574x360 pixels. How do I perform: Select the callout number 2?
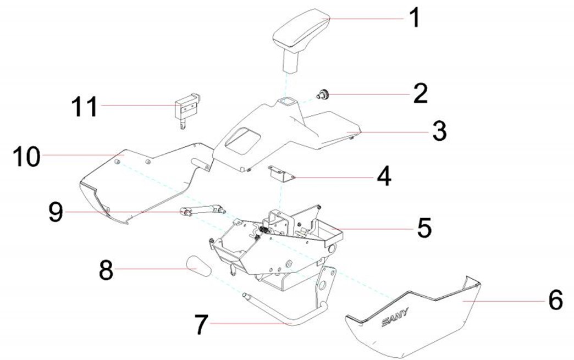pos(420,94)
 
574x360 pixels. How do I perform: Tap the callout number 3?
pos(439,131)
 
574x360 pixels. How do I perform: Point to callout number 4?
pos(383,177)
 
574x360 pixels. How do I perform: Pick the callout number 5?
pos(424,228)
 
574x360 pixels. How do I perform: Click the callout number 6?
pos(555,301)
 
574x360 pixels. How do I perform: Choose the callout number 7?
pos(201,324)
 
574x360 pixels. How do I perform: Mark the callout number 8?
pos(106,269)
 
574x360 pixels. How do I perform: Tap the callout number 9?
pos(56,212)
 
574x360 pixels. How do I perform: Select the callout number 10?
pos(27,156)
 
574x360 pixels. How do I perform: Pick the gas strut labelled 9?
pos(203,209)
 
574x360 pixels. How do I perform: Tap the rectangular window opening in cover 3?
pos(240,138)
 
